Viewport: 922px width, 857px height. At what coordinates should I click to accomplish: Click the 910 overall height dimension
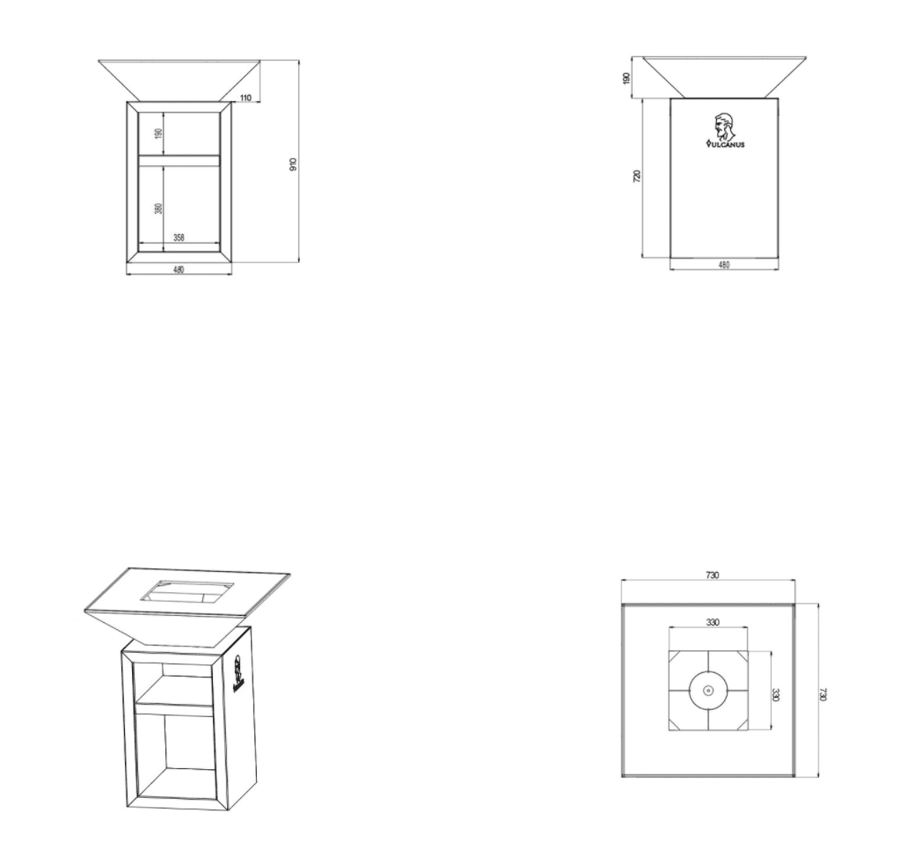294,165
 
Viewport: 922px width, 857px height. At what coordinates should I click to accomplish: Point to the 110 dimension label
245,98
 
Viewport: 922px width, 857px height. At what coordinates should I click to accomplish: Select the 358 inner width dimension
179,238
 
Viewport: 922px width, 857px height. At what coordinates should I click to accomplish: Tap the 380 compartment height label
158,209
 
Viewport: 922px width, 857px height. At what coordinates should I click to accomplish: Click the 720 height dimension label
637,176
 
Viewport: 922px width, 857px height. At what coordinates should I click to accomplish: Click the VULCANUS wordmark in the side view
725,143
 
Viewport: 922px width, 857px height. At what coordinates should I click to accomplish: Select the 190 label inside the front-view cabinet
158,134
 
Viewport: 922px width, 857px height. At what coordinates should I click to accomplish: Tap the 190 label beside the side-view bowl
626,77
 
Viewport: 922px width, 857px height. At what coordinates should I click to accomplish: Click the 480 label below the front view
179,269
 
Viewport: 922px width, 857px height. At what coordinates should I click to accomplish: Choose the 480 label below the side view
724,265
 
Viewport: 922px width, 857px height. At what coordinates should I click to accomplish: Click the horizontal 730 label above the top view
712,575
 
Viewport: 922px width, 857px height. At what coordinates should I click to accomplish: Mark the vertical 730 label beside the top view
823,694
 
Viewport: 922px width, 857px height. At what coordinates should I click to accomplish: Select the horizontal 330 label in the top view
712,622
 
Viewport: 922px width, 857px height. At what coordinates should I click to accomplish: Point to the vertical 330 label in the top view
775,694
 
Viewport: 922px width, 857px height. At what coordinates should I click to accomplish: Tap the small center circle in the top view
708,691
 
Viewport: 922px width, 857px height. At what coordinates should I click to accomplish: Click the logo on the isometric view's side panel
238,673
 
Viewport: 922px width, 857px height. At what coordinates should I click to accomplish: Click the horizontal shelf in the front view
179,160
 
